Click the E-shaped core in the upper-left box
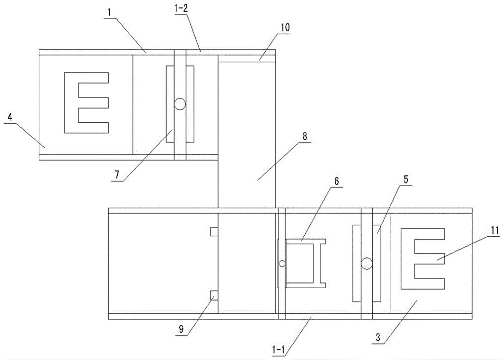coord(86,103)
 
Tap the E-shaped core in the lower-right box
coord(423,259)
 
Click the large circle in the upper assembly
coord(180,104)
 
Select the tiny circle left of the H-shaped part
coord(282,263)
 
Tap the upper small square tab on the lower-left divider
coord(214,231)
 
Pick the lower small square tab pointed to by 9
coord(214,295)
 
